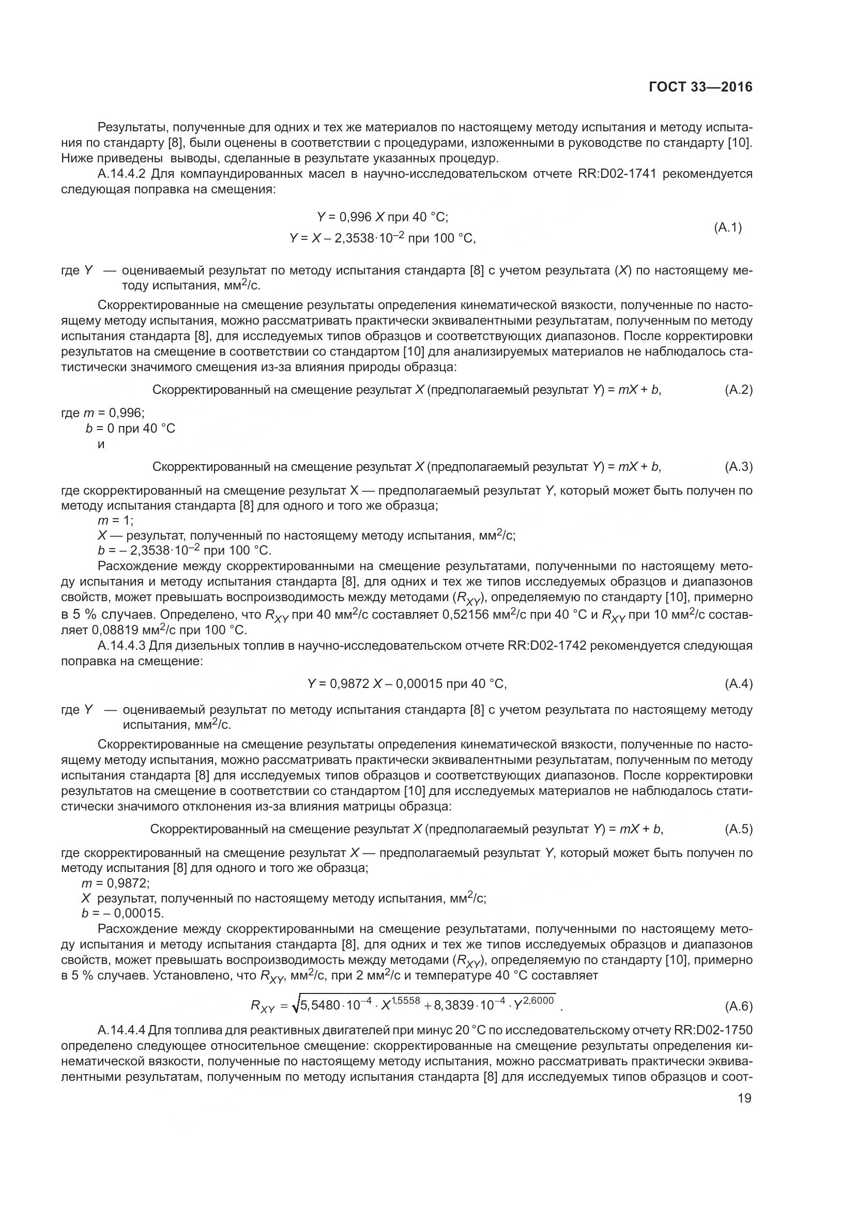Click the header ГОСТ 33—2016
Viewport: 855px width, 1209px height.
click(700, 87)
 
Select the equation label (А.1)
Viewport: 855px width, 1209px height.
click(728, 227)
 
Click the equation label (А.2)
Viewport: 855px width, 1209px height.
click(739, 390)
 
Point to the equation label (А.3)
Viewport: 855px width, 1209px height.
click(739, 466)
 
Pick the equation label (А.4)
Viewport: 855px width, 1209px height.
click(739, 683)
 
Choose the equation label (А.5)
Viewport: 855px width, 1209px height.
click(739, 829)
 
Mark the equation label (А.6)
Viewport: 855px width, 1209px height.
click(739, 1006)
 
